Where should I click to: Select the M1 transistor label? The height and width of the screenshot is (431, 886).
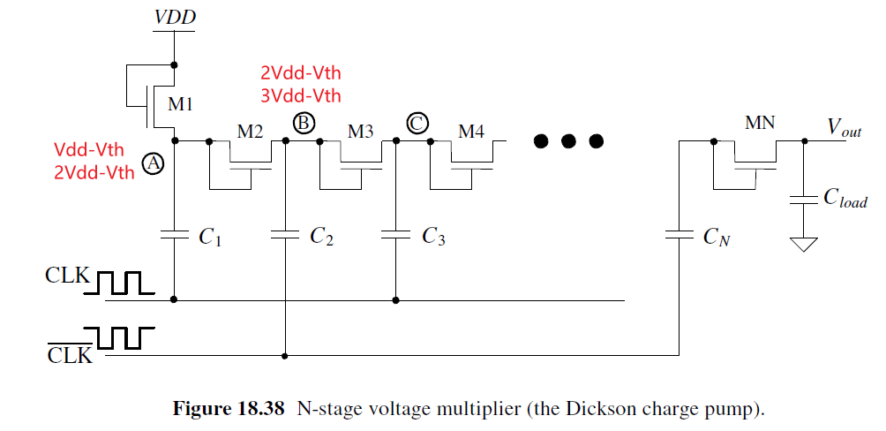180,104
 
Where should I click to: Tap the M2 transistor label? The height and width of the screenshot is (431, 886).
250,132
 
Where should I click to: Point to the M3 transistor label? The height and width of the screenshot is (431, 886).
360,132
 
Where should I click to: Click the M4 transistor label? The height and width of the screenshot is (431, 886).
470,132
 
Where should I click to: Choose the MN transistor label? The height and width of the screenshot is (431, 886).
759,123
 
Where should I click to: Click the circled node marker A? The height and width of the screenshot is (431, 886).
154,163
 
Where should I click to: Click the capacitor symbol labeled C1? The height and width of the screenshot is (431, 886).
175,235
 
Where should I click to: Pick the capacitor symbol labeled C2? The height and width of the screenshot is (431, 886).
286,235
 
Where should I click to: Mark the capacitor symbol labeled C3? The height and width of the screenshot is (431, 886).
395,235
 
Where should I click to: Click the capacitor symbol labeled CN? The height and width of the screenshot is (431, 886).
680,235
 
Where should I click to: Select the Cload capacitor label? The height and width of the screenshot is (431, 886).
845,199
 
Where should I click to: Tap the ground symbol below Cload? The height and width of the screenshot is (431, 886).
803,242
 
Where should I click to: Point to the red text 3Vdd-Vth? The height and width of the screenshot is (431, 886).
300,95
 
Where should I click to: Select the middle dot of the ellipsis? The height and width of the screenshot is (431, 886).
569,140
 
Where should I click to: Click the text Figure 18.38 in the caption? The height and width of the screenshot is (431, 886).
228,409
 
